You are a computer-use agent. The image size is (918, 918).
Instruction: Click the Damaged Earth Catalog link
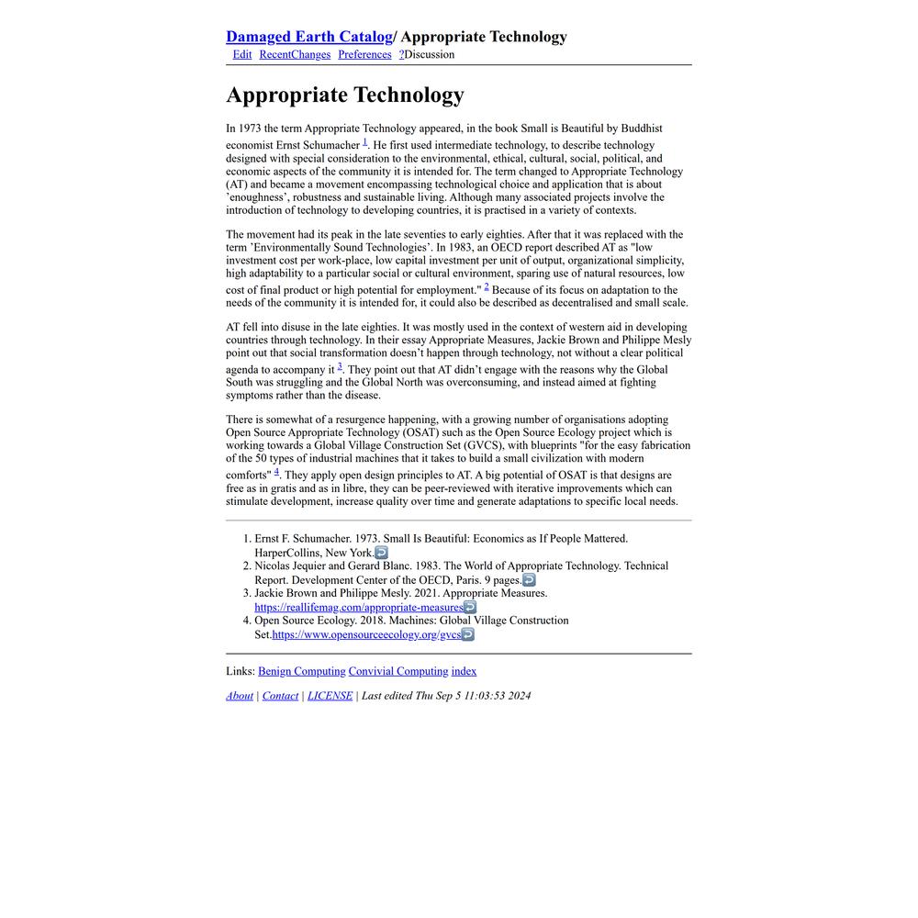(x=308, y=37)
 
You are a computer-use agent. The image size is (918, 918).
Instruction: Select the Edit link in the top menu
(x=242, y=55)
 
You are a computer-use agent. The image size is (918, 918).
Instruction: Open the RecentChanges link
(x=295, y=55)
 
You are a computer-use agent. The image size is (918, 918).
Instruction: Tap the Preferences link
(x=364, y=55)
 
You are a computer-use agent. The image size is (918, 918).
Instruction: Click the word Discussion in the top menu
(x=430, y=55)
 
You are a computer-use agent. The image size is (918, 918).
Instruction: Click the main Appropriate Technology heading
(x=345, y=95)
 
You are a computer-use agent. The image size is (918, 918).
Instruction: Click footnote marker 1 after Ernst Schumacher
(x=364, y=141)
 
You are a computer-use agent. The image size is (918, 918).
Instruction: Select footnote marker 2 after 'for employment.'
(x=487, y=286)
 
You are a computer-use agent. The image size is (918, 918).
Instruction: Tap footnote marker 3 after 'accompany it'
(x=340, y=366)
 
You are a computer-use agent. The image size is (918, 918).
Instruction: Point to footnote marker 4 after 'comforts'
(x=276, y=472)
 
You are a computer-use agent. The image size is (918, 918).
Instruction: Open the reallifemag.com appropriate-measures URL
(x=359, y=608)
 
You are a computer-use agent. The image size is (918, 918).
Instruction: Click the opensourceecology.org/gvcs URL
(x=366, y=635)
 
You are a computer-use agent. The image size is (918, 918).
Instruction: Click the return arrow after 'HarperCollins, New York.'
(x=382, y=553)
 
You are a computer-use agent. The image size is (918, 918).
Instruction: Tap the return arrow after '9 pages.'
(x=529, y=580)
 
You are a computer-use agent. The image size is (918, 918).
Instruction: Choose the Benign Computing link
(x=302, y=672)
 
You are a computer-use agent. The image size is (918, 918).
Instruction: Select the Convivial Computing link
(x=398, y=672)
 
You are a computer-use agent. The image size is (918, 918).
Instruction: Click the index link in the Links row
(x=464, y=672)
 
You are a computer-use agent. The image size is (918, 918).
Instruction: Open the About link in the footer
(x=240, y=696)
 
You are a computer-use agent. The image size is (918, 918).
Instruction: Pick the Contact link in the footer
(x=280, y=696)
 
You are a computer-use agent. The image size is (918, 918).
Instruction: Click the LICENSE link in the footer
(x=330, y=696)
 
